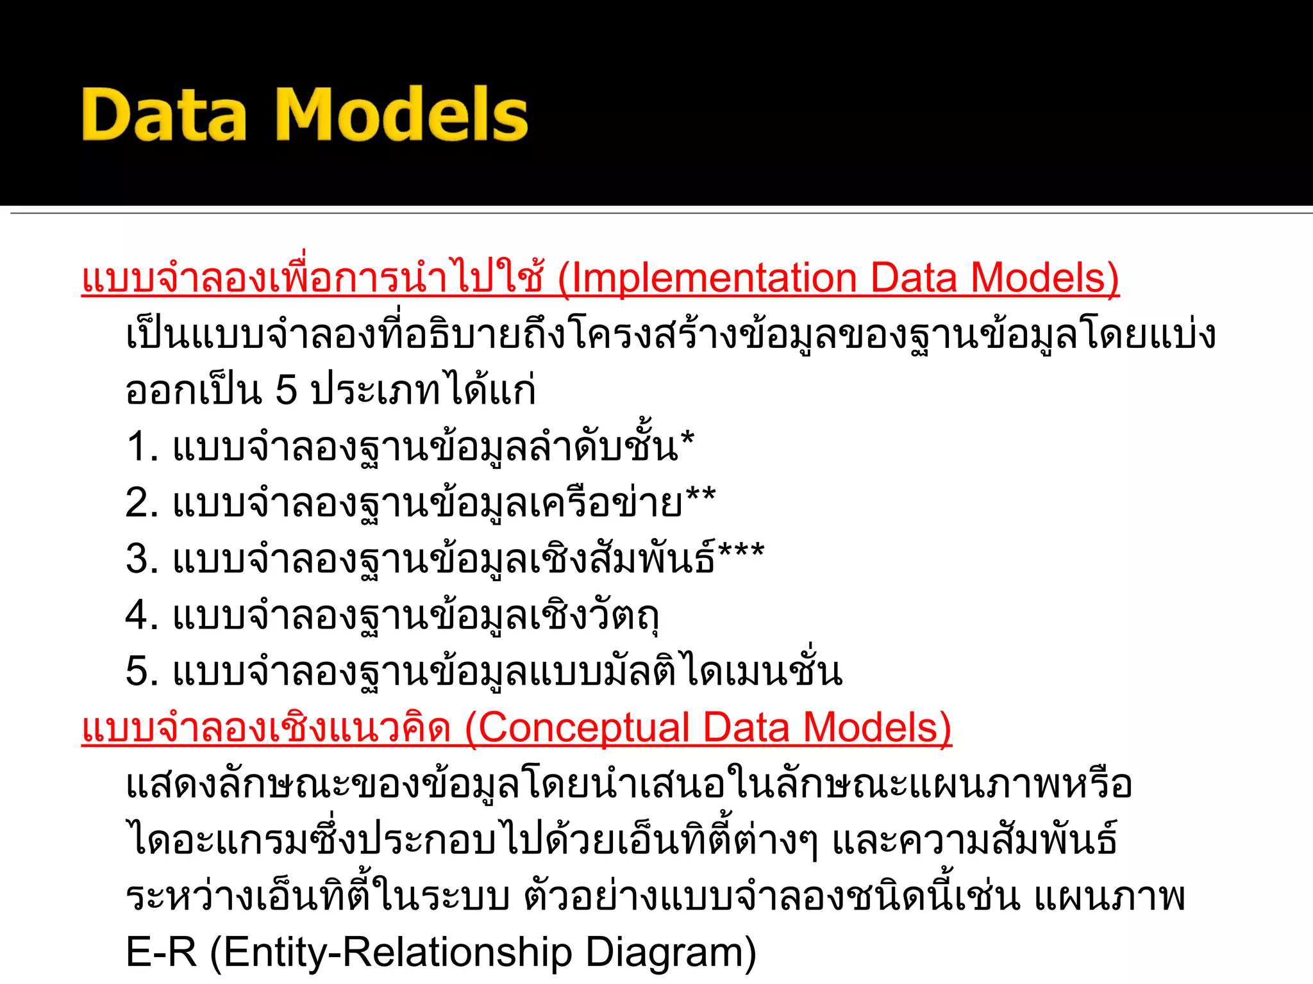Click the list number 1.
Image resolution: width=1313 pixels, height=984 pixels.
tap(140, 447)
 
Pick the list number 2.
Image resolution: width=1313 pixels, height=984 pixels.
tap(141, 502)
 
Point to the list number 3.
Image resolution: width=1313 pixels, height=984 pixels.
tap(141, 559)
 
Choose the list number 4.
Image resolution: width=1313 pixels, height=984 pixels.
tap(141, 615)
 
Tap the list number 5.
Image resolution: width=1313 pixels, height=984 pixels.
tap(141, 671)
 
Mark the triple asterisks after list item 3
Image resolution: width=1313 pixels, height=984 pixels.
tap(741, 552)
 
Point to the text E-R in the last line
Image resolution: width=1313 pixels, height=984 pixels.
tap(162, 952)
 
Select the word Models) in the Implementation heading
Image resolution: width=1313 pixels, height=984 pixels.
tap(1044, 278)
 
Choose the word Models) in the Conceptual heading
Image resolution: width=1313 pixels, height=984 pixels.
tap(877, 728)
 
